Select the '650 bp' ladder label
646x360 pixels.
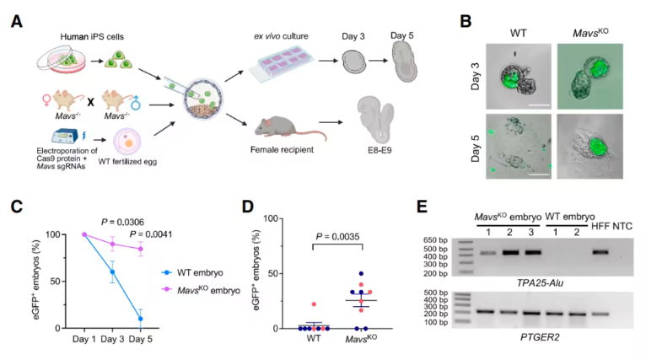436,241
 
